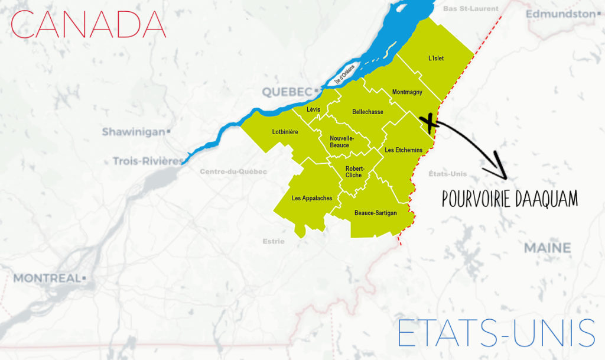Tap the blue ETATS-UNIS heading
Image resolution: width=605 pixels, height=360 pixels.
496,333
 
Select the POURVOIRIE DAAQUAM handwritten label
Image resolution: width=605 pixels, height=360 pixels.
509,199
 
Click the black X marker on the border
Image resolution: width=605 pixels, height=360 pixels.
430,123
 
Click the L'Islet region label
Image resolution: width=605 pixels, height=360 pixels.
436,59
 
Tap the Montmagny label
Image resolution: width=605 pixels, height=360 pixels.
407,92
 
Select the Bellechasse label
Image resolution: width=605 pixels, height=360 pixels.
367,112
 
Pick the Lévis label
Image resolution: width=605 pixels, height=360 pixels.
313,109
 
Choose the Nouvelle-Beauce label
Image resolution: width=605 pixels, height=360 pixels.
339,141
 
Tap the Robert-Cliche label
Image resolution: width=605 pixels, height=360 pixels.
354,171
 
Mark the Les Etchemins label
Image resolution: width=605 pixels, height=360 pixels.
404,150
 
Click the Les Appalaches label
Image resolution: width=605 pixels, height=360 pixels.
312,198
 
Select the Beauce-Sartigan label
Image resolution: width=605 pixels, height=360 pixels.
375,213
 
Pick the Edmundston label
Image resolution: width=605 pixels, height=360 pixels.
560,13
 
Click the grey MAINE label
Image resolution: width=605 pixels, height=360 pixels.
547,248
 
